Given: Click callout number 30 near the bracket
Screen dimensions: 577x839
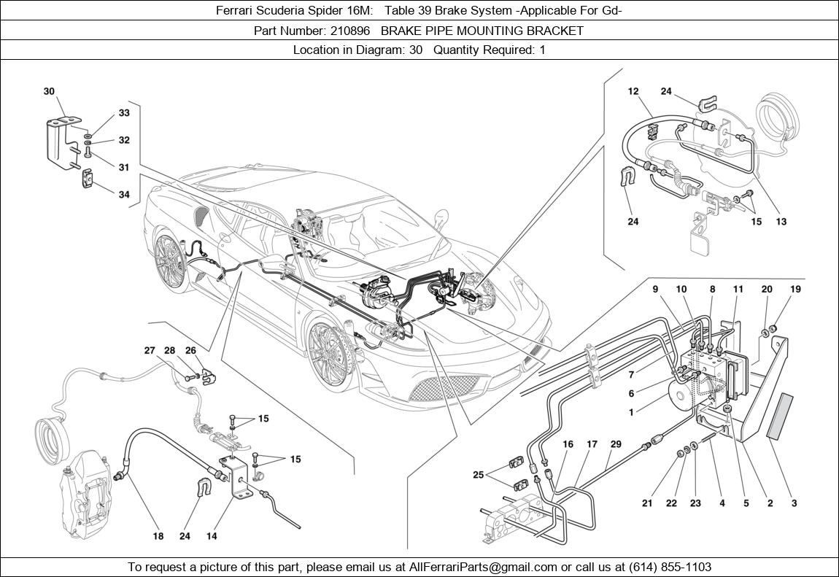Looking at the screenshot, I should tap(49, 91).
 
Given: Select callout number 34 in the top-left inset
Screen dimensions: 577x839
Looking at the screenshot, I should tap(124, 195).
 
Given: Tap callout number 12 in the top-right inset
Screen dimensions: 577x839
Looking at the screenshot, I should tap(633, 91).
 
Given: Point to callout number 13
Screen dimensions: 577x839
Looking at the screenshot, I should tap(781, 222).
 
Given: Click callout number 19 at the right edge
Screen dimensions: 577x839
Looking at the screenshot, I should tap(795, 289).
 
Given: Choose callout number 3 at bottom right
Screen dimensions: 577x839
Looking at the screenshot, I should tap(794, 503).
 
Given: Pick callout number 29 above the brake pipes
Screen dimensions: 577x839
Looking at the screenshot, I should tap(616, 444).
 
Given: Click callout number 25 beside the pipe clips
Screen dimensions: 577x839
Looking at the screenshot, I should tap(478, 475).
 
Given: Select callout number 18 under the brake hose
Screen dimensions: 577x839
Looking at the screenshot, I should tap(158, 536).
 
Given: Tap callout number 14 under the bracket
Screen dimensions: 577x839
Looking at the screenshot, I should tap(212, 536).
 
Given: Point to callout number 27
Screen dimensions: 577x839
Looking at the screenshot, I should tap(150, 351).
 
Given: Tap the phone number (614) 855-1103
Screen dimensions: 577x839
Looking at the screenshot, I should tap(665, 567).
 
